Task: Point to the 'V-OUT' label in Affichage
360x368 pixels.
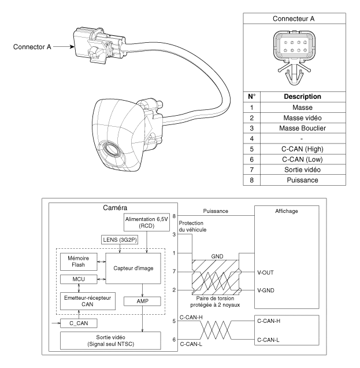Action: point(263,271)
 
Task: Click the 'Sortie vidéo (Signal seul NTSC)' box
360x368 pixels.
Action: point(116,341)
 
